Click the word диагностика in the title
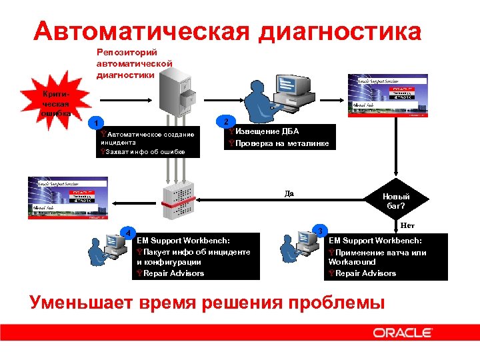point(340,31)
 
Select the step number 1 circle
point(97,123)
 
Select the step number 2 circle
point(227,121)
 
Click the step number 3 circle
point(321,231)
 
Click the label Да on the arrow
point(289,193)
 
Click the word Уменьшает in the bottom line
point(81,302)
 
